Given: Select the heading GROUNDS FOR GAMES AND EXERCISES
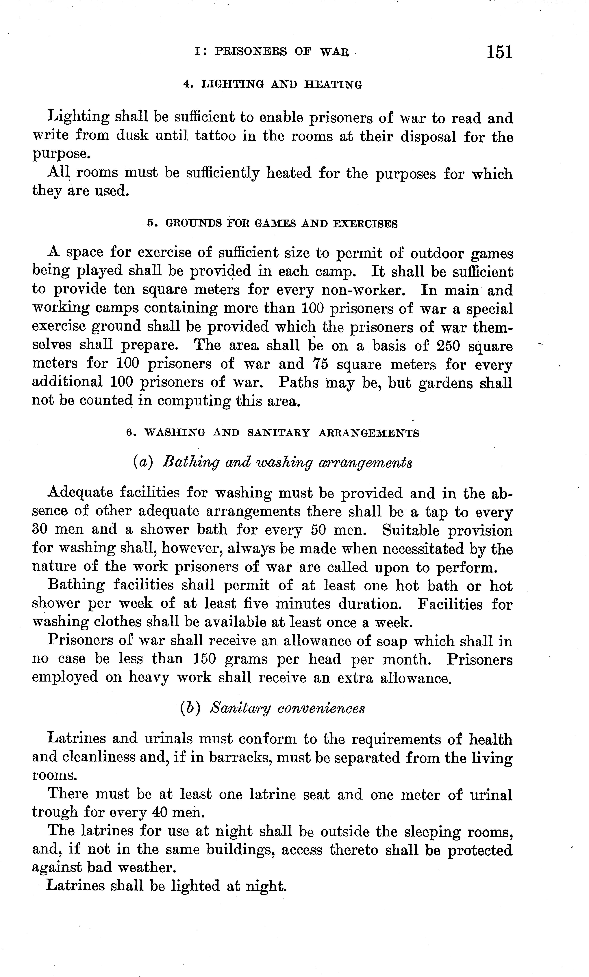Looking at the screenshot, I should [x=272, y=224].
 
